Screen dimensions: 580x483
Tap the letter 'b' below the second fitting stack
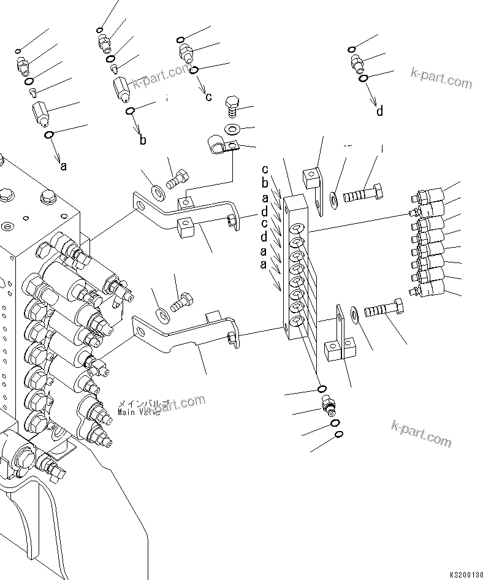click(142, 140)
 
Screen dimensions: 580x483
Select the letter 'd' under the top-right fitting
click(380, 111)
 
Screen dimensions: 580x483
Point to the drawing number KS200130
click(466, 574)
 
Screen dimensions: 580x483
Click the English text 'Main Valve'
click(139, 413)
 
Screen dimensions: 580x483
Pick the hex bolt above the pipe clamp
click(233, 107)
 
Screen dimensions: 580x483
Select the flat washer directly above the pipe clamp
click(233, 129)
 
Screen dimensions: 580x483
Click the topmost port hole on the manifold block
click(297, 228)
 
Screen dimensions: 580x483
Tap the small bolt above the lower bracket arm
click(181, 302)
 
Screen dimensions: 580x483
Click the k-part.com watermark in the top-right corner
click(441, 78)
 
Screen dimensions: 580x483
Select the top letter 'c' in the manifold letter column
click(265, 169)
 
